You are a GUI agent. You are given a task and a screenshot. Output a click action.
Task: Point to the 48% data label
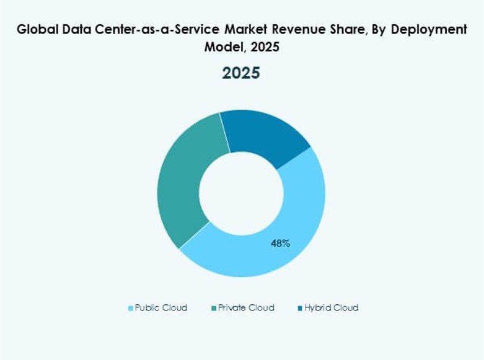coord(280,244)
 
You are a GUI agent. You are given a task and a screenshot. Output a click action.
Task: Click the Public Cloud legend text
coord(161,307)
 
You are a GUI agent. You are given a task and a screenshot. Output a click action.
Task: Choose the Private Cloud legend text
coord(247,307)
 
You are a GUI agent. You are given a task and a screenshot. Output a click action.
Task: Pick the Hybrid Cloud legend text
coord(332,307)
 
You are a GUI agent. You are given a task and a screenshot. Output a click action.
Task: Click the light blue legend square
coord(131,308)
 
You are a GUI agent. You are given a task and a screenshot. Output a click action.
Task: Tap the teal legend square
coord(214,308)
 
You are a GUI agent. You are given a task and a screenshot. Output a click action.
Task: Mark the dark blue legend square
coord(300,308)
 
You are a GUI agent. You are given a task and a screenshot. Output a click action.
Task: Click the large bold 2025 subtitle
coord(242,72)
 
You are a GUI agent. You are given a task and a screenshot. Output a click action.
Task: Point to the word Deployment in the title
coord(428,29)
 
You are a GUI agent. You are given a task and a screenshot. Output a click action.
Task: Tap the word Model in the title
coord(222,47)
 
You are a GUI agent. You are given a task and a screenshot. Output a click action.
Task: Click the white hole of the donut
coord(242,193)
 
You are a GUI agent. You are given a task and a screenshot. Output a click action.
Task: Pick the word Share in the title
coord(353,29)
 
